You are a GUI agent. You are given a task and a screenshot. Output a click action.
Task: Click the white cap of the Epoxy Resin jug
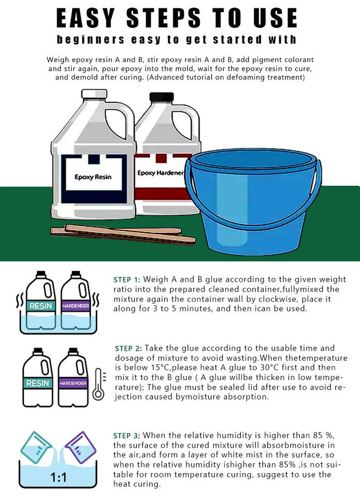point(94,94)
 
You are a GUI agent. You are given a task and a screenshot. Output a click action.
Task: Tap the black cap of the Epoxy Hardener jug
point(162,97)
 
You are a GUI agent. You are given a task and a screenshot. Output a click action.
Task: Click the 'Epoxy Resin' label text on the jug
point(93,177)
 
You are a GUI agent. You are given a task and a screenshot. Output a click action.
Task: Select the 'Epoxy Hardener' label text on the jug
point(160,173)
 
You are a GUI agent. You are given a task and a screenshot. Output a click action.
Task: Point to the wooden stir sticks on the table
point(123,235)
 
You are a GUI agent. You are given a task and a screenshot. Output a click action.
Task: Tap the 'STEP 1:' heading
point(127,280)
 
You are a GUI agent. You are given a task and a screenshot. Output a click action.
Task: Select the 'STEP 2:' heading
point(128,348)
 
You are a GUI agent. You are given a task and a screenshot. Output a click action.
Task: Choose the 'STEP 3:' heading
point(127,435)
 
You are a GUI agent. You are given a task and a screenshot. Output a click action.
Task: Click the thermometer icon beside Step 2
point(98,384)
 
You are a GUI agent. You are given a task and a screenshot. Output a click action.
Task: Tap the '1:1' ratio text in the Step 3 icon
point(59,477)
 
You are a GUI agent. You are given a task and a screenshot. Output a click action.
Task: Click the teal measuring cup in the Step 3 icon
point(36,447)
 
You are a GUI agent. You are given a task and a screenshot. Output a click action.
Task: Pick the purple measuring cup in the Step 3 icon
point(80,447)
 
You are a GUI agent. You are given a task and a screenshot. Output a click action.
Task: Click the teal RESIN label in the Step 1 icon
point(40,306)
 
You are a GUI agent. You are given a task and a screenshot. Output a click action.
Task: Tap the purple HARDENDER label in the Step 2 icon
point(73,383)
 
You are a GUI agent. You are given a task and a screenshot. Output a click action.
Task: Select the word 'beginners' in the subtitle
point(91,40)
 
